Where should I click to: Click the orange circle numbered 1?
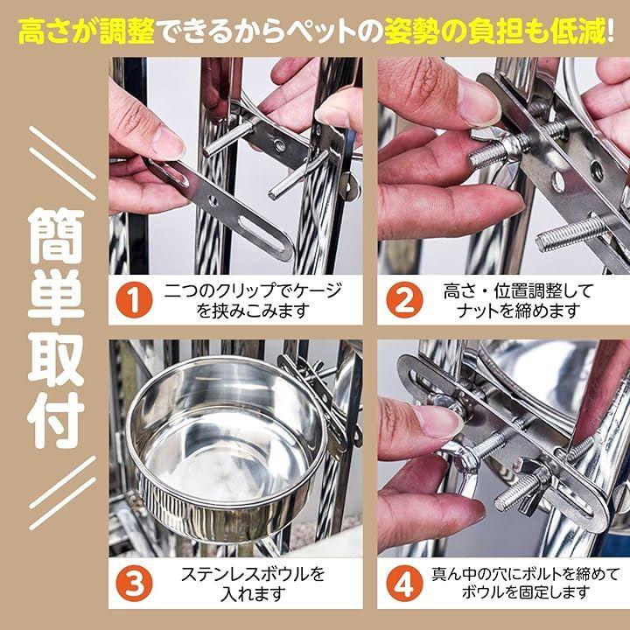point(134,300)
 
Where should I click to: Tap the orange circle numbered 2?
point(404,300)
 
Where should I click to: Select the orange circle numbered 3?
point(134,583)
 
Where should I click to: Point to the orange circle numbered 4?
point(404,583)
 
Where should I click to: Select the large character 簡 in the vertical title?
point(56,236)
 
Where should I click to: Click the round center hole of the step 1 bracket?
point(212,200)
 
